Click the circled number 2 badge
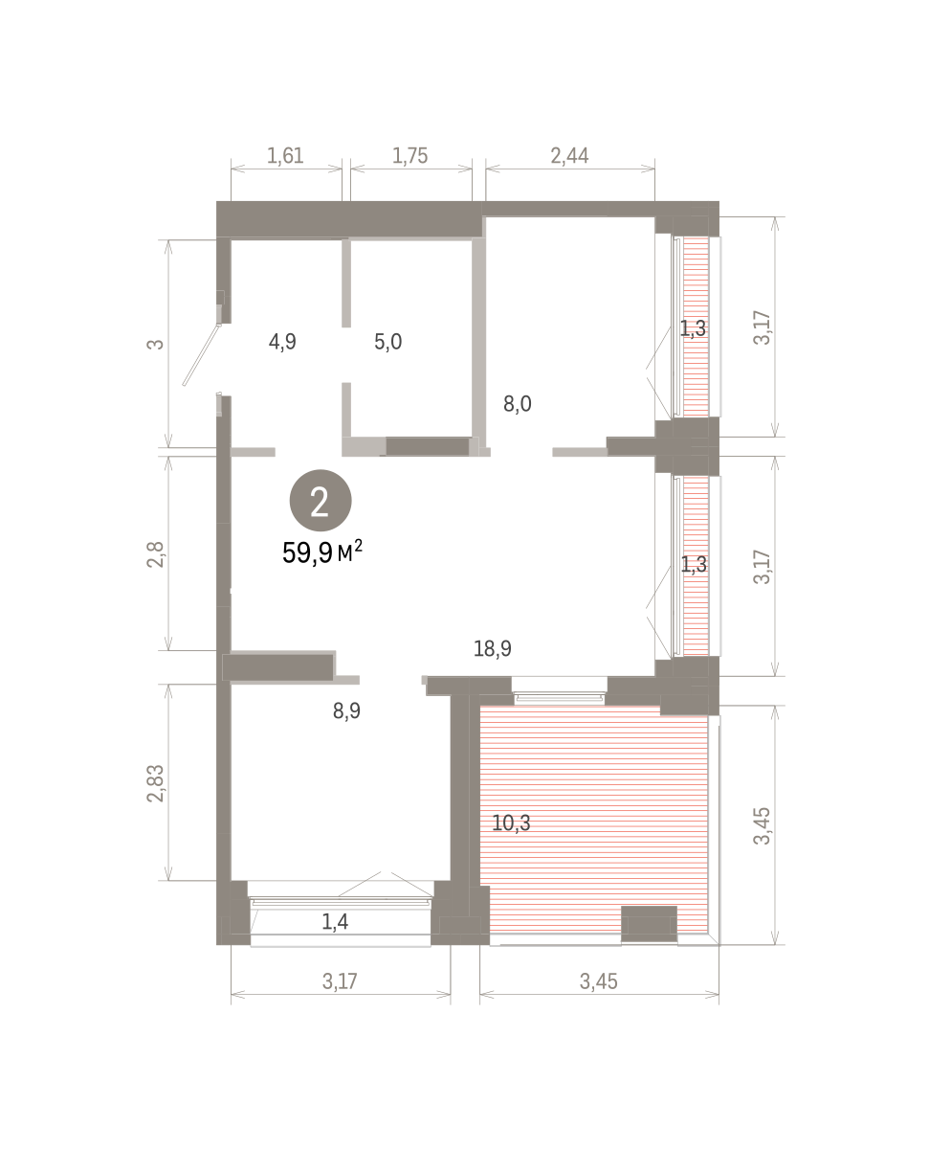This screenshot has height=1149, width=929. coord(321,500)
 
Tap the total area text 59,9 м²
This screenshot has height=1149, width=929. coord(322,552)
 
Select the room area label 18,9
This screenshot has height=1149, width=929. coord(492,648)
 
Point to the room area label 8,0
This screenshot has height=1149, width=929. coord(518,403)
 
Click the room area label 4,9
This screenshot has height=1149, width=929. coord(282,342)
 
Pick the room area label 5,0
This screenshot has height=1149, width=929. coord(388,342)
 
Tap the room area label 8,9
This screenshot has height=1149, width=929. coord(346,711)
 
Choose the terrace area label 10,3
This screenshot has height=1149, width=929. coord(511,822)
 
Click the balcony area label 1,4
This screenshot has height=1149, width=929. coord(335,921)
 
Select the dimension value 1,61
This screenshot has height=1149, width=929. coord(285,155)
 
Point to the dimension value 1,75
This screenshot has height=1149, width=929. coord(409,155)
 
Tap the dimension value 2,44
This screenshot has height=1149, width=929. coord(569,155)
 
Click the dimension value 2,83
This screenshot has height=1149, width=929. coord(155,783)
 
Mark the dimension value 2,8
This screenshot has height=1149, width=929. coord(155,554)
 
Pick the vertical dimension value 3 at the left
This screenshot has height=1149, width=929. coord(155,344)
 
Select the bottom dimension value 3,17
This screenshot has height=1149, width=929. coord(340,981)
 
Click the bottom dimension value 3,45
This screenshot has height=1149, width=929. coord(598,981)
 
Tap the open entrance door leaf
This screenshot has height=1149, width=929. coord(202,355)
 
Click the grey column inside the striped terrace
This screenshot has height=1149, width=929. coord(649,924)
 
